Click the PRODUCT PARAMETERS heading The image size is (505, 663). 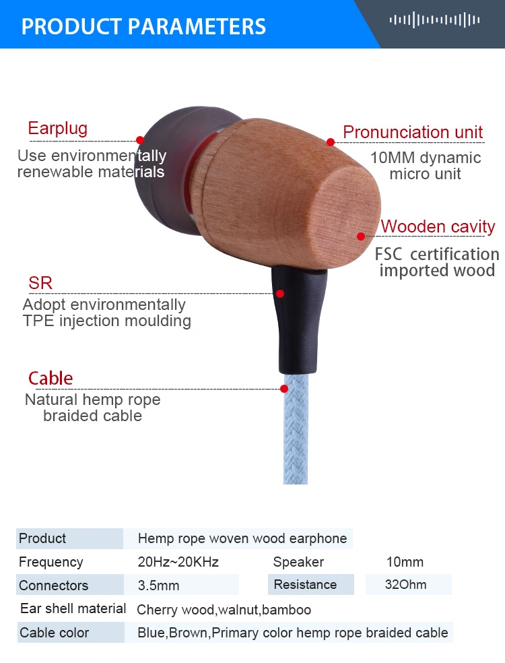point(143,26)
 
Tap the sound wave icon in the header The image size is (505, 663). point(434,20)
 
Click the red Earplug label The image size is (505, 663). point(57,128)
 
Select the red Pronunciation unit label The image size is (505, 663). point(413,132)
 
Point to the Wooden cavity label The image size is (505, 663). point(438,226)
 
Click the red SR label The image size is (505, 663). point(40,283)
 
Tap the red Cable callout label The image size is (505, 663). point(50,378)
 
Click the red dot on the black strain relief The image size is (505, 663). point(279,294)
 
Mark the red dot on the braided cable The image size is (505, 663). point(284,389)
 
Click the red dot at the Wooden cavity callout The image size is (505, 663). point(361,236)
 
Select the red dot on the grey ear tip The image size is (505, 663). point(140,140)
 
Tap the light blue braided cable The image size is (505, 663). point(296,429)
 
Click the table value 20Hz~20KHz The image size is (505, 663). point(178,562)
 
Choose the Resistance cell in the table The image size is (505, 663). point(305,584)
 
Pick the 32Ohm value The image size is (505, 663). point(405,584)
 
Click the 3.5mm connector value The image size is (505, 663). point(158,586)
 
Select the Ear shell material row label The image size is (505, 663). point(73,608)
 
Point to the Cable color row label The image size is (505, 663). point(54,633)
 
